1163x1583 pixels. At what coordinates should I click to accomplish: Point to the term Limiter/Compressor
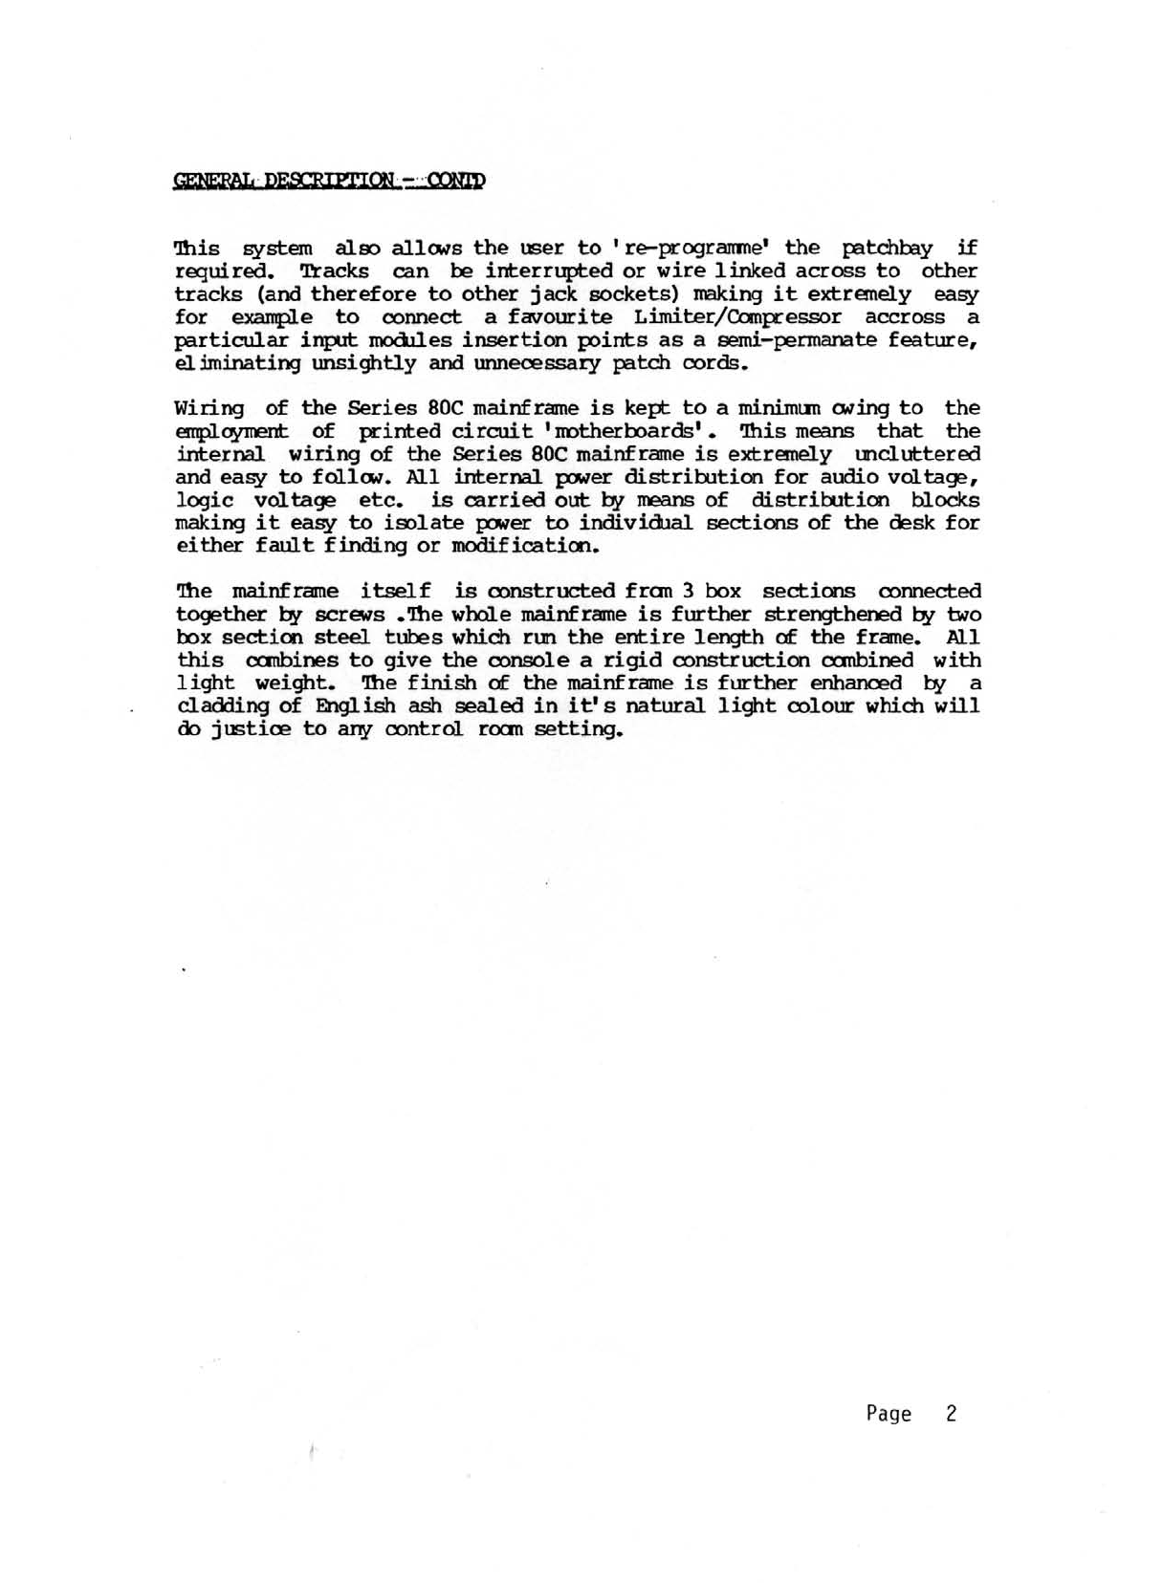tap(731, 317)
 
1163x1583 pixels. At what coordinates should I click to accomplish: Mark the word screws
tap(349, 615)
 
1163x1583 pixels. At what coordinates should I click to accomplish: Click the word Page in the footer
tap(889, 1414)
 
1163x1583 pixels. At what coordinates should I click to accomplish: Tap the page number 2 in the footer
tap(951, 1414)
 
